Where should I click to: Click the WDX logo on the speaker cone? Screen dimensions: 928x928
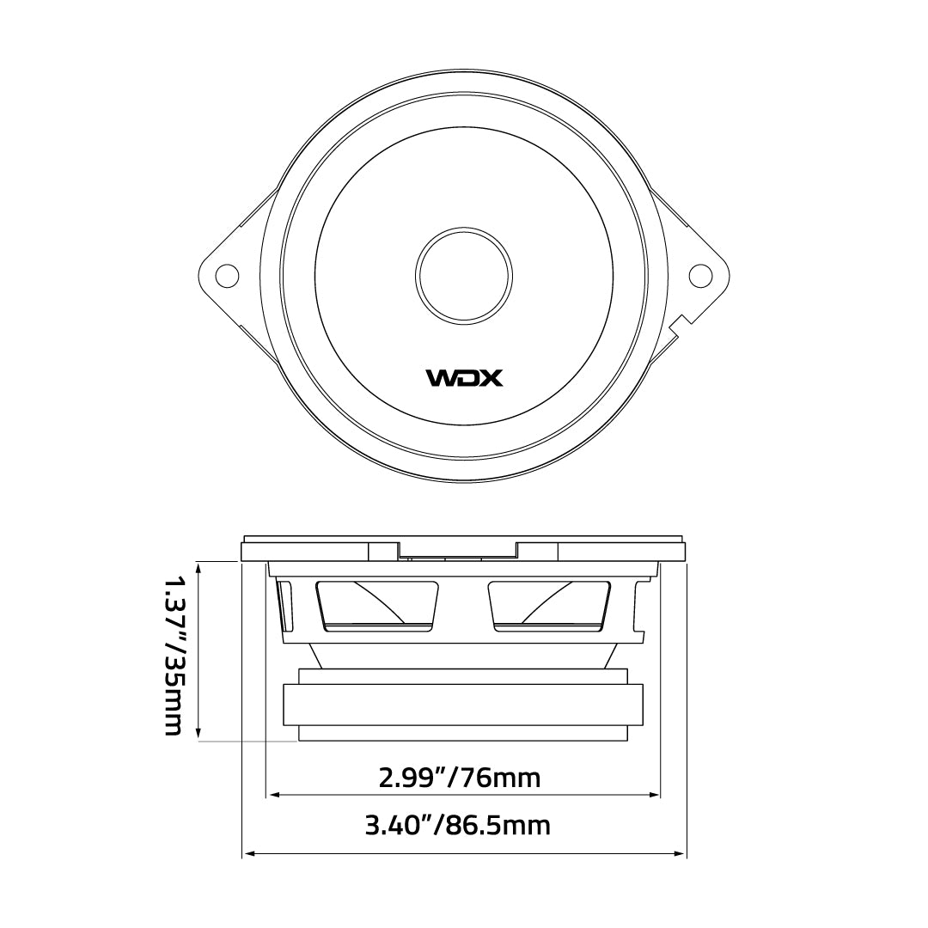click(465, 377)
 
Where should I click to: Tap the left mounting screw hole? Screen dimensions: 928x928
click(227, 275)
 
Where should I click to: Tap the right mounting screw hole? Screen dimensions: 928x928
click(701, 275)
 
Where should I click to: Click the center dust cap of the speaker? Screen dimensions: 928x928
click(464, 275)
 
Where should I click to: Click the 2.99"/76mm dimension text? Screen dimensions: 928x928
click(460, 778)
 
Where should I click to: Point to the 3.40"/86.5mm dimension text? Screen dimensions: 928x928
click(457, 826)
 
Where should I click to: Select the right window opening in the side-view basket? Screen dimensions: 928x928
click(550, 607)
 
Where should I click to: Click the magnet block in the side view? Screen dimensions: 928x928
click(464, 705)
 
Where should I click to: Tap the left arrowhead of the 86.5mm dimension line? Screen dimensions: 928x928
click(250, 853)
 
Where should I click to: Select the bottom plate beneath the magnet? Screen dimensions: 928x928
click(464, 734)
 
